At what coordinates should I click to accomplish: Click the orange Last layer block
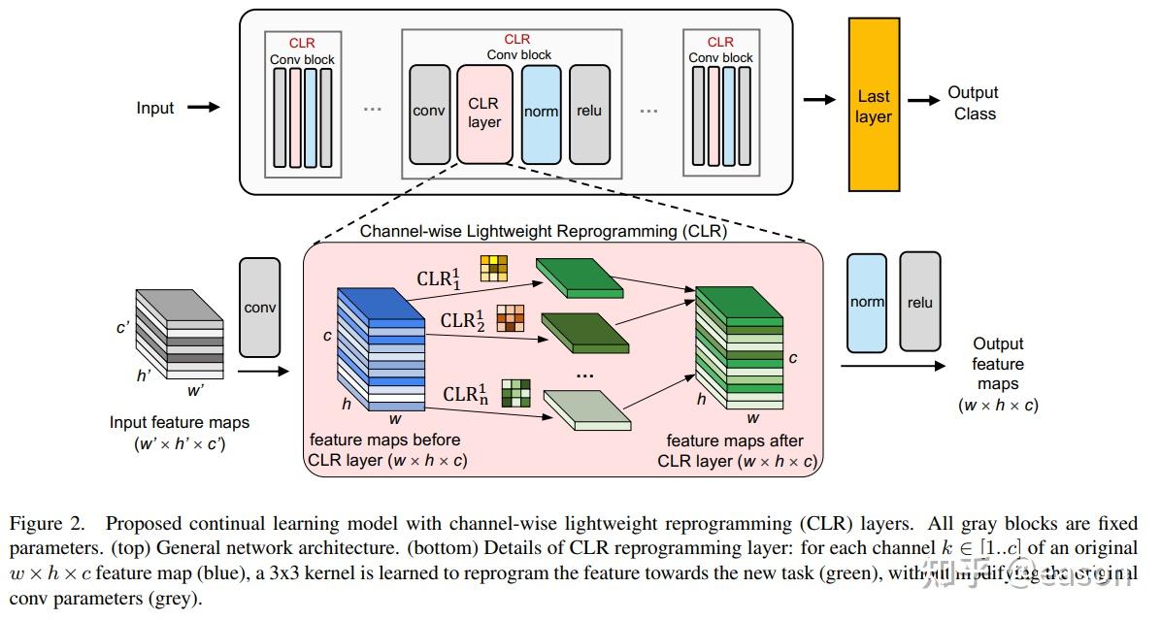tap(874, 104)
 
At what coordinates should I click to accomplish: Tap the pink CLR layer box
tap(483, 113)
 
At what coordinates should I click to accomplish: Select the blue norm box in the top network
tap(541, 113)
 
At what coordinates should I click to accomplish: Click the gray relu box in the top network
tap(589, 113)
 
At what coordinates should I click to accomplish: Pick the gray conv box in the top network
tap(428, 113)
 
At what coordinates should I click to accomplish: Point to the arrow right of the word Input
tap(203, 108)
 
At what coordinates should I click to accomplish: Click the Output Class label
tap(974, 103)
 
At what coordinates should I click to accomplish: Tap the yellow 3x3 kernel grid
tap(493, 267)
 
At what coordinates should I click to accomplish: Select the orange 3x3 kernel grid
tap(510, 318)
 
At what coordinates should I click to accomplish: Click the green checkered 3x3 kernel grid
tap(516, 393)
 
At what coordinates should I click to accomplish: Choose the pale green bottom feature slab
tap(586, 408)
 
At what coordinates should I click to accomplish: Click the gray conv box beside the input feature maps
tap(260, 307)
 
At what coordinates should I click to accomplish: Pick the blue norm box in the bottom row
tap(867, 301)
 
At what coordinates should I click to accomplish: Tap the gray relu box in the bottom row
tap(919, 301)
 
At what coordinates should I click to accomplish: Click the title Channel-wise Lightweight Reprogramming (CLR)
tap(544, 232)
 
